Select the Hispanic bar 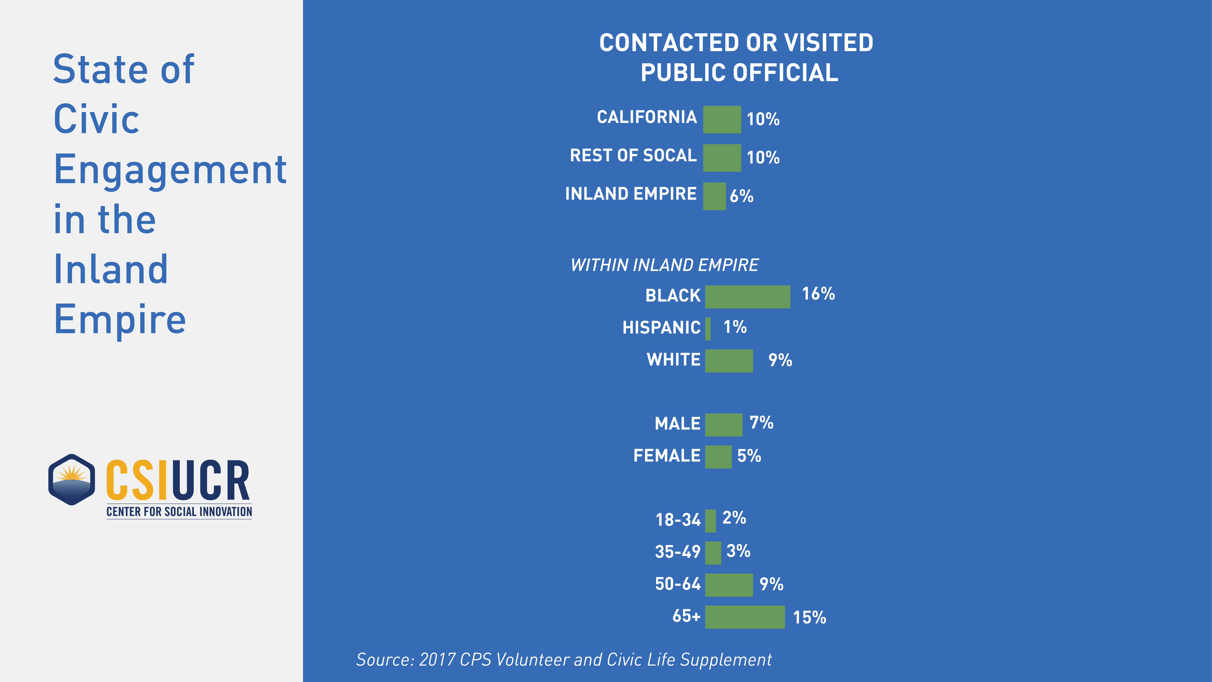click(708, 328)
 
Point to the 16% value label click(818, 294)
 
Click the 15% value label click(809, 617)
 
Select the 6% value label click(742, 196)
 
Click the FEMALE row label click(667, 456)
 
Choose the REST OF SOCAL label click(633, 155)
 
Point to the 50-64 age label click(678, 584)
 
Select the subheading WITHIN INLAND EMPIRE click(664, 265)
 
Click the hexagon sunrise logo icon click(71, 480)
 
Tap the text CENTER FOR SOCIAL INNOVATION click(179, 512)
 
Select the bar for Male click(723, 424)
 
